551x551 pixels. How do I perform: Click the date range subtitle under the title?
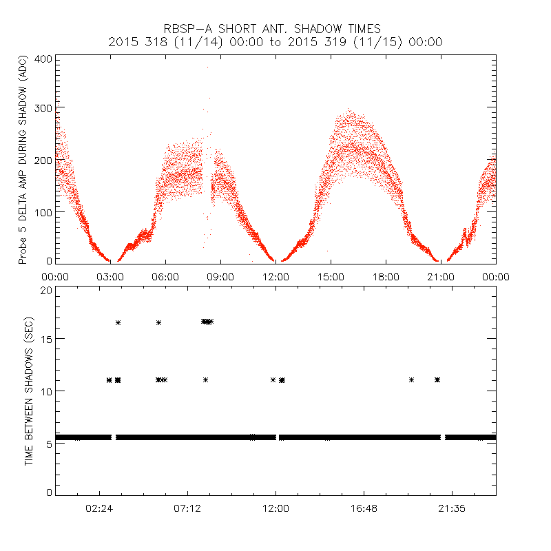point(275,42)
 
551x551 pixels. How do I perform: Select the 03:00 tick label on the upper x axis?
point(110,276)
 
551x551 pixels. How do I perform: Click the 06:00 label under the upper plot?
point(165,276)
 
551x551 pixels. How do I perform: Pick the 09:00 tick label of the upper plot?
point(220,276)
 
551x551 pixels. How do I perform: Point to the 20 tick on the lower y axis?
point(46,291)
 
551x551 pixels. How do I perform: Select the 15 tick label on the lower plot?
point(46,340)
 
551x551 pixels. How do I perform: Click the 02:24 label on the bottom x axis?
point(100,508)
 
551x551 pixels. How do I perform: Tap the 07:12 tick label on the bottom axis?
point(187,508)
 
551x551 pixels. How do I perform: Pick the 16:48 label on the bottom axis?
point(363,508)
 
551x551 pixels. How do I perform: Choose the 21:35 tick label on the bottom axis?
point(451,508)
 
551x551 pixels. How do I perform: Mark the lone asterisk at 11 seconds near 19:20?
point(411,380)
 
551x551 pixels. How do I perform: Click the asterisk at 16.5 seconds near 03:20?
point(118,322)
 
